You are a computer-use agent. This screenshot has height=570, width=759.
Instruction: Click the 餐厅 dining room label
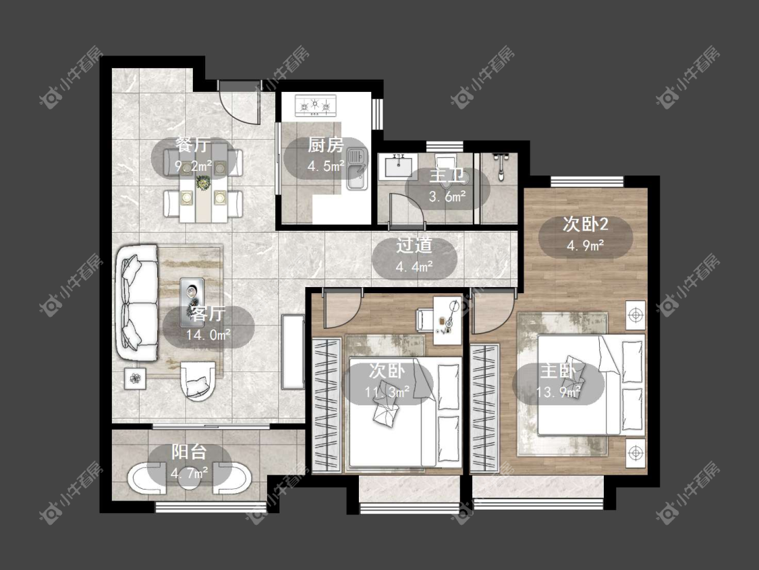[x=193, y=145]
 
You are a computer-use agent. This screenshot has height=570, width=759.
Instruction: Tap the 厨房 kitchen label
[x=326, y=145]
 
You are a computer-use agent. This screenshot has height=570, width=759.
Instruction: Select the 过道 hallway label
[x=414, y=245]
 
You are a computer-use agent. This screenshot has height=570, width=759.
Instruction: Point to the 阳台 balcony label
[x=190, y=452]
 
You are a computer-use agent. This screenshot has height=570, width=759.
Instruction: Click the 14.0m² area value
[x=208, y=334]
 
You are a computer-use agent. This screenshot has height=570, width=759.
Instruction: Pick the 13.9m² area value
[x=558, y=392]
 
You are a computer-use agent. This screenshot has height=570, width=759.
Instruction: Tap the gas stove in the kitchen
[x=316, y=105]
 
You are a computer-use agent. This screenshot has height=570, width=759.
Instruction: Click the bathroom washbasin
[x=398, y=165]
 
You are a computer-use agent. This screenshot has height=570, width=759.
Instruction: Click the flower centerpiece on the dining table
[x=203, y=183]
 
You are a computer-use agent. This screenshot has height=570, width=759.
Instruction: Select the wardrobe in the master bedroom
[x=484, y=408]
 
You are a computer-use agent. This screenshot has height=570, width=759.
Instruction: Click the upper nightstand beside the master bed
[x=635, y=315]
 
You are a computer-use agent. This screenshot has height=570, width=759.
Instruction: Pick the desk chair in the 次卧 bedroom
[x=426, y=320]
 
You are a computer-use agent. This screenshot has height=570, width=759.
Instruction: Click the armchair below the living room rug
[x=197, y=380]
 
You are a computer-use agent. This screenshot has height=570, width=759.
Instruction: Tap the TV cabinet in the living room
[x=293, y=351]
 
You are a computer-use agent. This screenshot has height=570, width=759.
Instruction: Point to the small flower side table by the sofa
[x=136, y=378]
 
